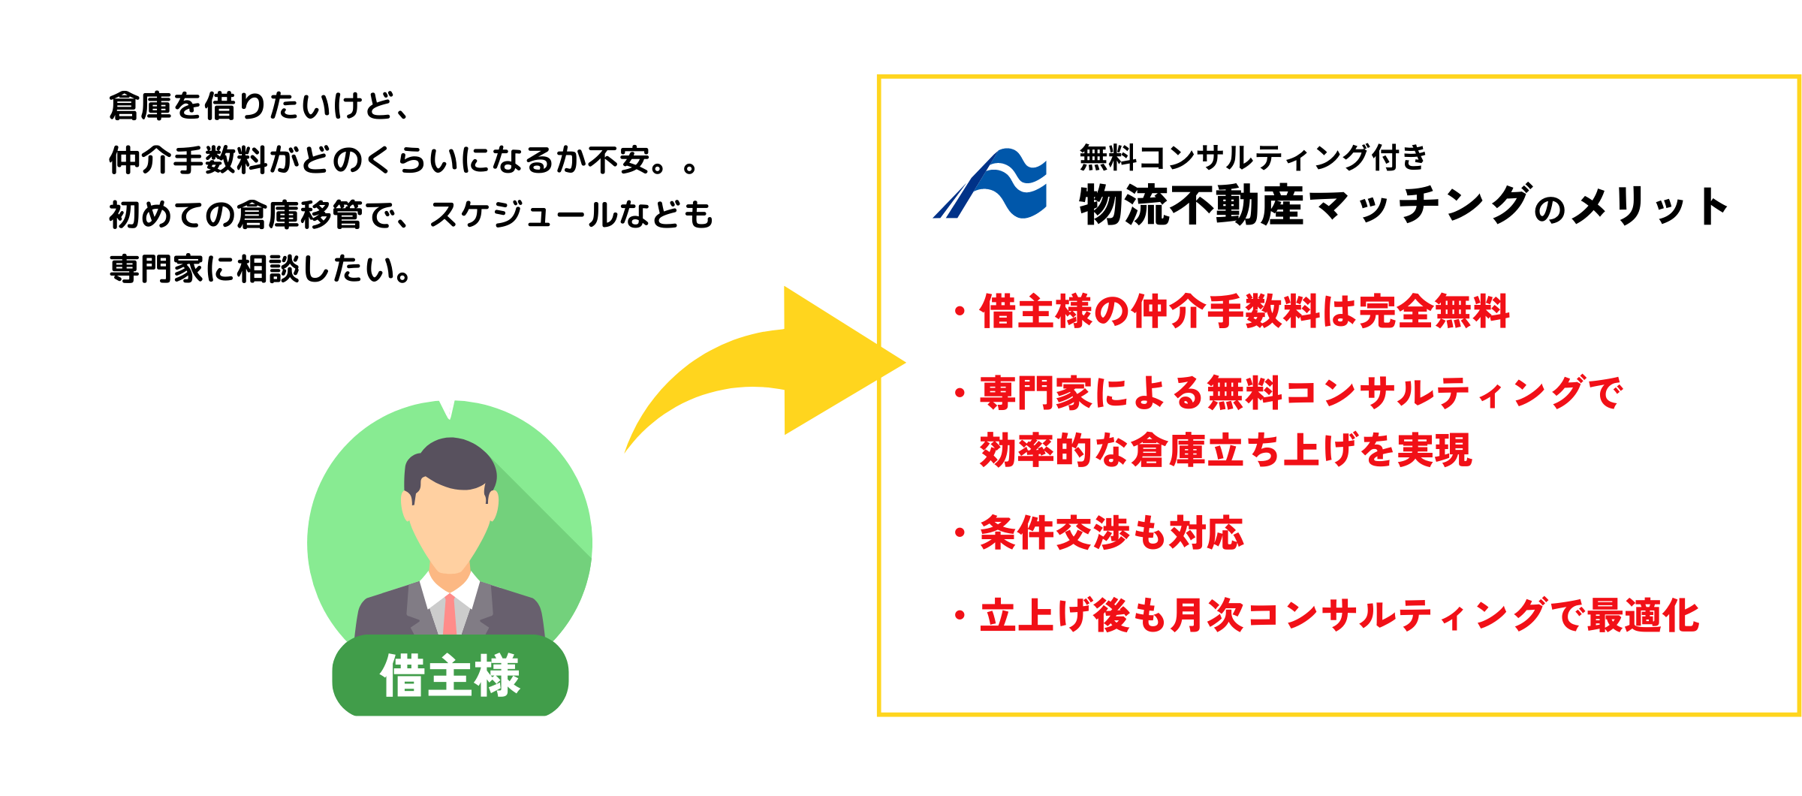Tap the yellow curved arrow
pos(781,360)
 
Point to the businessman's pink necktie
pos(450,614)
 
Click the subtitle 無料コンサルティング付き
pos(1252,158)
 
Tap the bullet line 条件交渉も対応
pos(1111,533)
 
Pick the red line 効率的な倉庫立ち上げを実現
pos(1225,451)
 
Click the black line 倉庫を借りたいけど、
pos(259,106)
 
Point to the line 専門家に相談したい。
pos(261,269)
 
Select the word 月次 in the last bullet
pos(1207,616)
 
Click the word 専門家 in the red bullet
pos(1036,393)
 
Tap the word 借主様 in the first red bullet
pos(1036,312)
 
